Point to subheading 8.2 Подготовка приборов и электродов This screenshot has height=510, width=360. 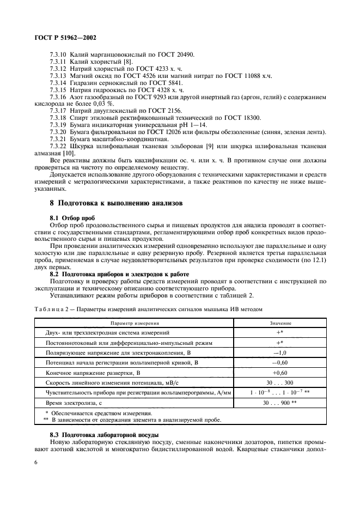(119, 274)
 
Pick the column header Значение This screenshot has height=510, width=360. (280, 323)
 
